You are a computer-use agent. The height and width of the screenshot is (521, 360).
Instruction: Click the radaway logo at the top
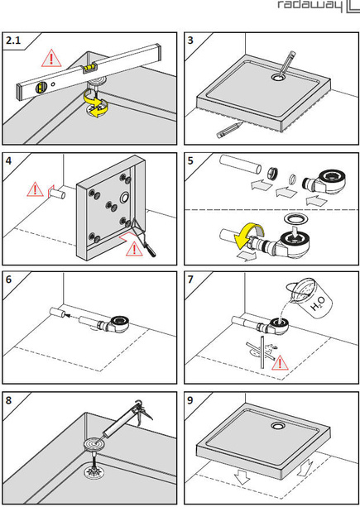tap(318, 6)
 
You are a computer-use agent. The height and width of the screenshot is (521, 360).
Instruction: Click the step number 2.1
tap(13, 41)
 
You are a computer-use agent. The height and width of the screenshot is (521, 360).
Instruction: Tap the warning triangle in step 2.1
tap(51, 59)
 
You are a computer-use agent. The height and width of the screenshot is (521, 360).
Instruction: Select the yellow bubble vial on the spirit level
tap(89, 68)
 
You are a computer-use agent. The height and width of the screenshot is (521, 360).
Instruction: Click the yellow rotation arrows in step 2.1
tap(96, 105)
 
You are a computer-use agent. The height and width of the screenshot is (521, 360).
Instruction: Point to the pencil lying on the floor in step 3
tap(229, 130)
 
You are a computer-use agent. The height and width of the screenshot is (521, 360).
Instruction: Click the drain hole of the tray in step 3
tap(278, 78)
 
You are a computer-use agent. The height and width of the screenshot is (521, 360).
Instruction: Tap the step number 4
tap(8, 161)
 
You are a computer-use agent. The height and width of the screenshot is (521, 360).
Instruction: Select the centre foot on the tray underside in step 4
tap(111, 205)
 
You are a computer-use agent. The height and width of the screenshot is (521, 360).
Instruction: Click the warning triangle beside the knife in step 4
tap(134, 249)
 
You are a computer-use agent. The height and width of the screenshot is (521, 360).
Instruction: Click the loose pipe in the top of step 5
tap(240, 164)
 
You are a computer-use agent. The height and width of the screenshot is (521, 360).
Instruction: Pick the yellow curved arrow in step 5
tap(247, 235)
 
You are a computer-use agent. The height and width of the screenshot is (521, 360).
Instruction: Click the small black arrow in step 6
tap(68, 315)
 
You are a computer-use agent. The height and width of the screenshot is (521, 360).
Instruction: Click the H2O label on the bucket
tap(318, 304)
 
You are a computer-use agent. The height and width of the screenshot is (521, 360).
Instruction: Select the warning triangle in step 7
tap(280, 363)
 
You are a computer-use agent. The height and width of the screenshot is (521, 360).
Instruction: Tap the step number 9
tap(190, 400)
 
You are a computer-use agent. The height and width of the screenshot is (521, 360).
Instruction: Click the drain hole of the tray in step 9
tap(277, 426)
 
